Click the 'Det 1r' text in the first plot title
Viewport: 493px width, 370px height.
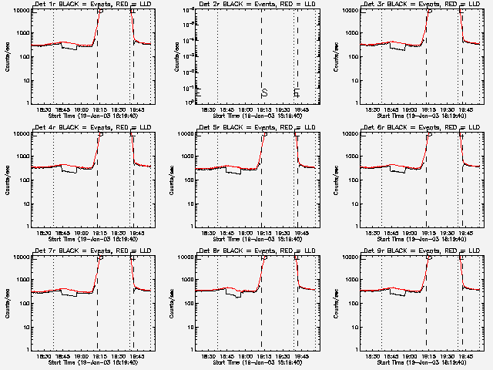pos(44,4)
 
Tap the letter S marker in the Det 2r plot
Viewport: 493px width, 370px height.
pos(264,92)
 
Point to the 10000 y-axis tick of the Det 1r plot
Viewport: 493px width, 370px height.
pos(18,11)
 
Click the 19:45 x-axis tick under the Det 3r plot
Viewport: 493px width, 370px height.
pos(464,109)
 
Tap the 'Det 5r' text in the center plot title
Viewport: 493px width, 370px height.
pos(209,127)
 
